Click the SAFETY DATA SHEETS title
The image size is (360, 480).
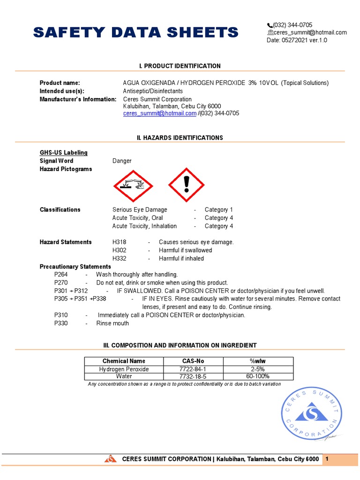(135, 32)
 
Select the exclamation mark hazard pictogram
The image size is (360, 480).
(187, 184)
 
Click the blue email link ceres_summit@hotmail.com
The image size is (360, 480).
(160, 113)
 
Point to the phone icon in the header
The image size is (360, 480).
(270, 25)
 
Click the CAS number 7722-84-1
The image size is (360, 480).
(193, 369)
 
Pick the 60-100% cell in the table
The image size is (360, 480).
(258, 376)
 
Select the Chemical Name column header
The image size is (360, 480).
(124, 361)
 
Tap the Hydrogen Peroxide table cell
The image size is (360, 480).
(124, 369)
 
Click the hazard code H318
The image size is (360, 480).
(119, 242)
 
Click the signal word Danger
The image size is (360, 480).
(122, 161)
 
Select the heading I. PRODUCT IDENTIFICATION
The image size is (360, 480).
(180, 66)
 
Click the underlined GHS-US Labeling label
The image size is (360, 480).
(63, 153)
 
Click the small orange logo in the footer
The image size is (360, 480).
(110, 459)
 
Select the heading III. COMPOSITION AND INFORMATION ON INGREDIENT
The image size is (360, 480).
(180, 345)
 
